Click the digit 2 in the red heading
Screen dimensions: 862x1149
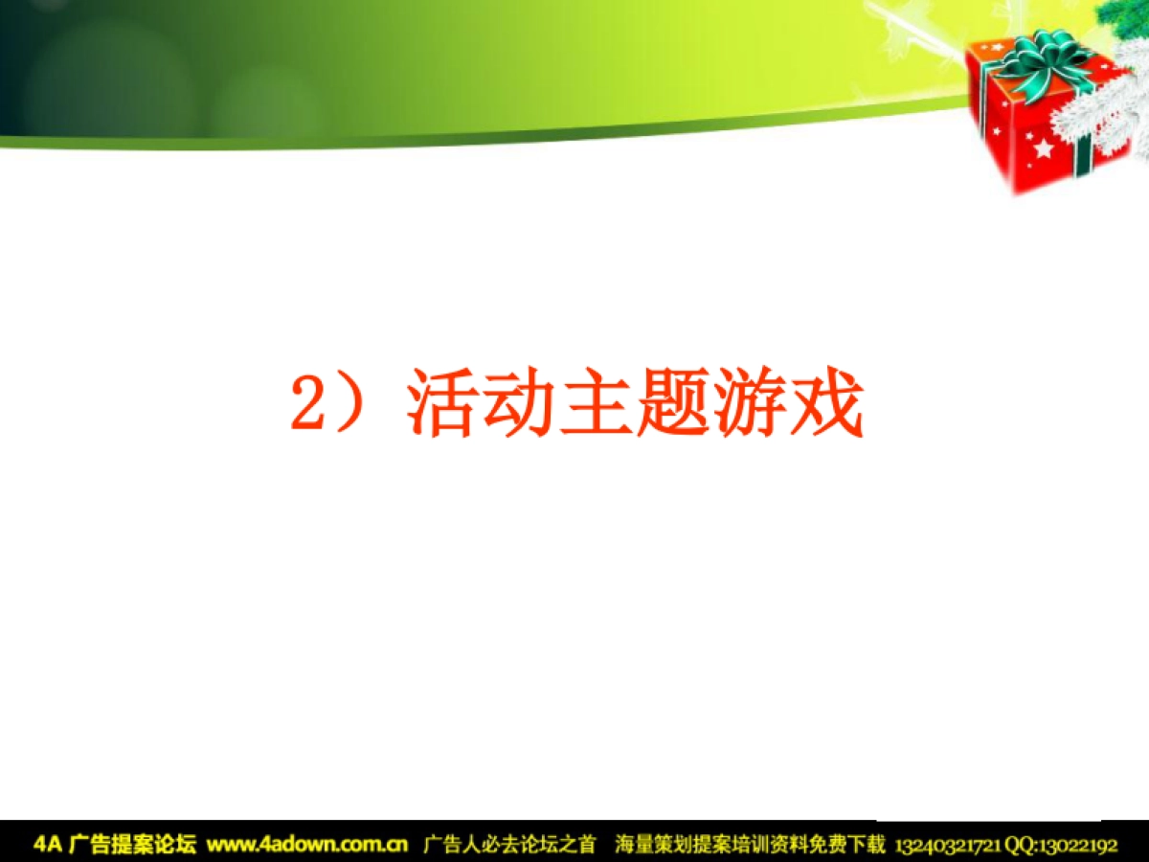click(x=308, y=406)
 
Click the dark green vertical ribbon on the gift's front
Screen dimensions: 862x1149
click(x=1083, y=158)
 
